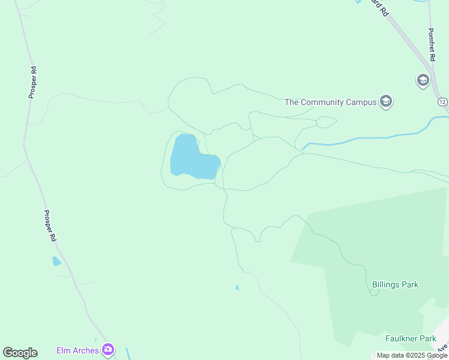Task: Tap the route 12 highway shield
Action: [x=442, y=101]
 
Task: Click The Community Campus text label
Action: [x=330, y=102]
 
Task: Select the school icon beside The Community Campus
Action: [x=386, y=101]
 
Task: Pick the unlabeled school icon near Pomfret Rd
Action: [x=423, y=80]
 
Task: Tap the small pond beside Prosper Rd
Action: [x=56, y=261]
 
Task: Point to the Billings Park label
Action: [x=395, y=284]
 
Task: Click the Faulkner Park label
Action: [x=411, y=338]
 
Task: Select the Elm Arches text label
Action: [x=77, y=350]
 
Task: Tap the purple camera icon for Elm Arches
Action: [x=108, y=350]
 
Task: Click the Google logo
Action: [x=20, y=353]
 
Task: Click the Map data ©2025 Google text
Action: [x=412, y=355]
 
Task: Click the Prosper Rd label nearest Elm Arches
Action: [x=50, y=226]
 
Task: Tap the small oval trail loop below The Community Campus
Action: [x=326, y=122]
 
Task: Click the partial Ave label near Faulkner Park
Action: [x=442, y=347]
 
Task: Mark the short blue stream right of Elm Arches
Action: [x=128, y=353]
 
